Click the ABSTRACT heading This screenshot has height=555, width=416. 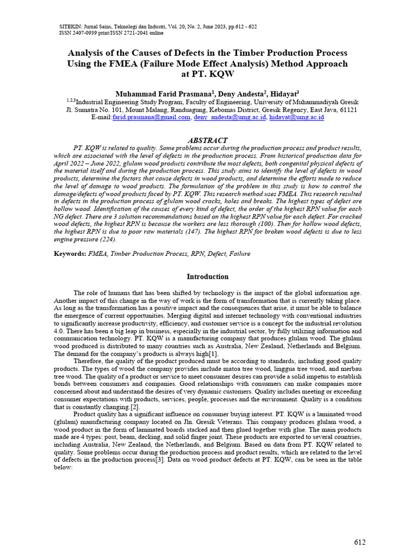tap(207, 140)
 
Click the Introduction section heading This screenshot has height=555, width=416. tap(207, 276)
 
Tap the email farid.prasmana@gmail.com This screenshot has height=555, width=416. tap(151, 117)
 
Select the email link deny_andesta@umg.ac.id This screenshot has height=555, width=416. tap(229, 117)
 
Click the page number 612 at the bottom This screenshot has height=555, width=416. tap(360, 543)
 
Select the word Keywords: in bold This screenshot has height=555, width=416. tap(70, 254)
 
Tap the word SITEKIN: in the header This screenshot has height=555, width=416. tap(70, 26)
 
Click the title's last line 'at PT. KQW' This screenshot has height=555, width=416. tap(207, 74)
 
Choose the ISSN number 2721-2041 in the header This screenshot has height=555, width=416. tap(129, 33)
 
